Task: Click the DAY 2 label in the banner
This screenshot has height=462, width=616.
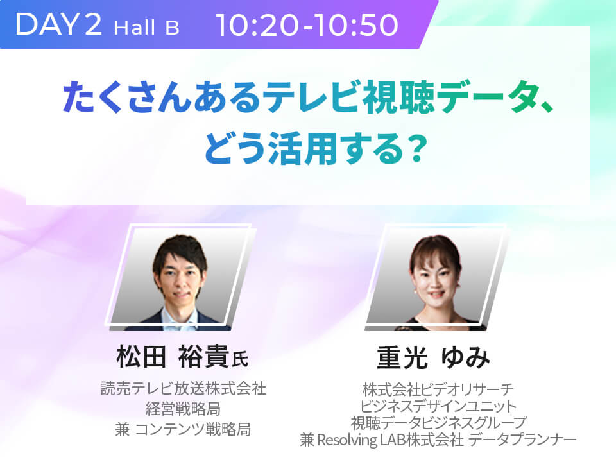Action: [x=59, y=24]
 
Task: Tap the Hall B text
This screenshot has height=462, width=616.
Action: [x=146, y=28]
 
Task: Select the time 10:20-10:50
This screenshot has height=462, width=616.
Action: [x=307, y=25]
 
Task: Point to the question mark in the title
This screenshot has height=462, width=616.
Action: [x=416, y=148]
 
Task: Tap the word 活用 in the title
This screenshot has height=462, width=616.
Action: [x=302, y=148]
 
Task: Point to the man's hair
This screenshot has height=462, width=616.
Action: [x=180, y=252]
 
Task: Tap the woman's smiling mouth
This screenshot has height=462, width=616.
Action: [x=436, y=294]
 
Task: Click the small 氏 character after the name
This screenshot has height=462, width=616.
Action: [x=239, y=359]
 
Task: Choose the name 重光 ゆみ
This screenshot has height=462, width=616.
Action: [x=433, y=357]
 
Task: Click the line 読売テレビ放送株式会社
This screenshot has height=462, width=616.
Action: [x=184, y=388]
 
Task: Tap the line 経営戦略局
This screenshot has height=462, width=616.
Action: [x=183, y=409]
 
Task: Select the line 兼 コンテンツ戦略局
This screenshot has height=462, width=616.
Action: [x=183, y=429]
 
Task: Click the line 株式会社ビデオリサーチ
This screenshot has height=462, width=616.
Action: [x=438, y=389]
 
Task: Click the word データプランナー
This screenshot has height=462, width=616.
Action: [x=522, y=440]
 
